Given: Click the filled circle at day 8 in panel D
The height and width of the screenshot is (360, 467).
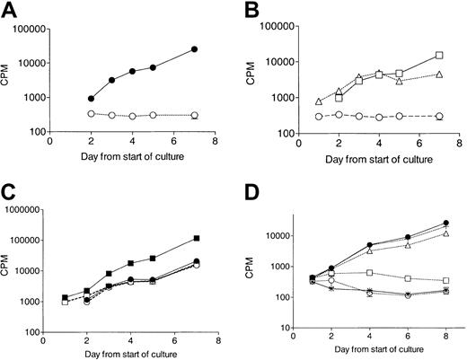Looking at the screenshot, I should coord(445,223).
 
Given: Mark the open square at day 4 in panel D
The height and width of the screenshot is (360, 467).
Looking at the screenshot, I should coord(370,272).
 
